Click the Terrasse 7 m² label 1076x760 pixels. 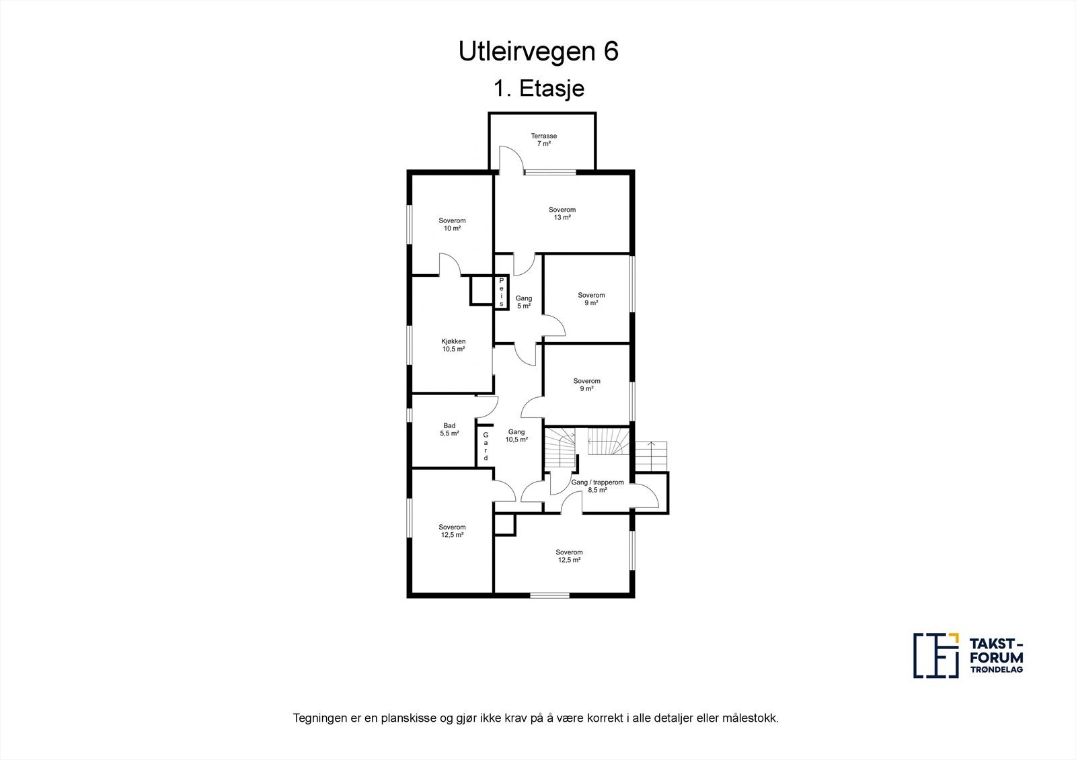click(x=543, y=140)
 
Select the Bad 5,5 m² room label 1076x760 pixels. click(x=449, y=429)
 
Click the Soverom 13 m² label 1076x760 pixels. click(x=562, y=214)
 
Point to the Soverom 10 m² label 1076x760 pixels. click(x=452, y=224)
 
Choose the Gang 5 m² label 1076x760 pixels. click(x=523, y=302)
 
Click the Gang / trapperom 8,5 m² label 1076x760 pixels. click(x=597, y=486)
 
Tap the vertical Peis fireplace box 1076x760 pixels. click(x=501, y=292)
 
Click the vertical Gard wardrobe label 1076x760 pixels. click(x=485, y=446)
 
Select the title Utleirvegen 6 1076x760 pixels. click(x=538, y=52)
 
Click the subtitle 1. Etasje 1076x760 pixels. click(x=538, y=89)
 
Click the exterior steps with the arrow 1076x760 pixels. click(x=650, y=456)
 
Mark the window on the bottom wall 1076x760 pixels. click(x=549, y=595)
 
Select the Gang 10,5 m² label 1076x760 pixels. click(x=516, y=435)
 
